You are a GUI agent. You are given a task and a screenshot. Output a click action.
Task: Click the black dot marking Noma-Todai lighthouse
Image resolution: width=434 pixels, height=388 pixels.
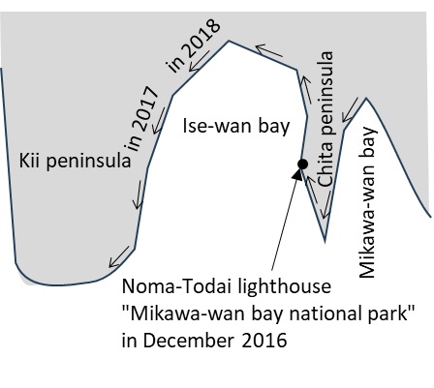click(x=302, y=164)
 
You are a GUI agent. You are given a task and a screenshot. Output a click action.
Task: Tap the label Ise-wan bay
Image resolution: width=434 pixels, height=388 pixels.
click(x=236, y=126)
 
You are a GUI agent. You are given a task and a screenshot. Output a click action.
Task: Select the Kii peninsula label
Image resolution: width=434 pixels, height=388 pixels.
click(x=75, y=161)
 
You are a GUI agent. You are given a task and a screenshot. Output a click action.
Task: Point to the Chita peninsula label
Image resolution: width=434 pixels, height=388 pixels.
click(x=325, y=119)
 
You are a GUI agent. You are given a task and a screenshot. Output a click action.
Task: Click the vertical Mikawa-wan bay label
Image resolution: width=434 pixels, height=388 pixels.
click(x=368, y=202)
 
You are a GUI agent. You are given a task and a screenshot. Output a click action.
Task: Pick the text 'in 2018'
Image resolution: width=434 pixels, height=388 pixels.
click(x=194, y=45)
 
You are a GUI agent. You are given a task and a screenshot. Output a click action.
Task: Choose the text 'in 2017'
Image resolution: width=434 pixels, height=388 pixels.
click(x=141, y=119)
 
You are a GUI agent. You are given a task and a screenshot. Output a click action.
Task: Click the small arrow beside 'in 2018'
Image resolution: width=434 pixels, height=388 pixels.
click(x=200, y=61)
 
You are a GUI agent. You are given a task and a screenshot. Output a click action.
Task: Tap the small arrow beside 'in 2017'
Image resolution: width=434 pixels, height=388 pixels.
click(x=158, y=121)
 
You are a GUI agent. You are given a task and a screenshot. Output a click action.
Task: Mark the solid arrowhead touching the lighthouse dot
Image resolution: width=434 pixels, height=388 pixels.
click(x=297, y=174)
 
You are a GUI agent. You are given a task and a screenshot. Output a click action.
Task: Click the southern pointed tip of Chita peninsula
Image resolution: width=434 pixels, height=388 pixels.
click(x=325, y=241)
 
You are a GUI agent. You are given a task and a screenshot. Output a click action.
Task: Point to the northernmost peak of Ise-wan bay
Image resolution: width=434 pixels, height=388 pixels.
click(x=229, y=41)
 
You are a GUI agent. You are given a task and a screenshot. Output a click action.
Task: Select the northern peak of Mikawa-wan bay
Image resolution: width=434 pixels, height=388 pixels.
click(x=366, y=98)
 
